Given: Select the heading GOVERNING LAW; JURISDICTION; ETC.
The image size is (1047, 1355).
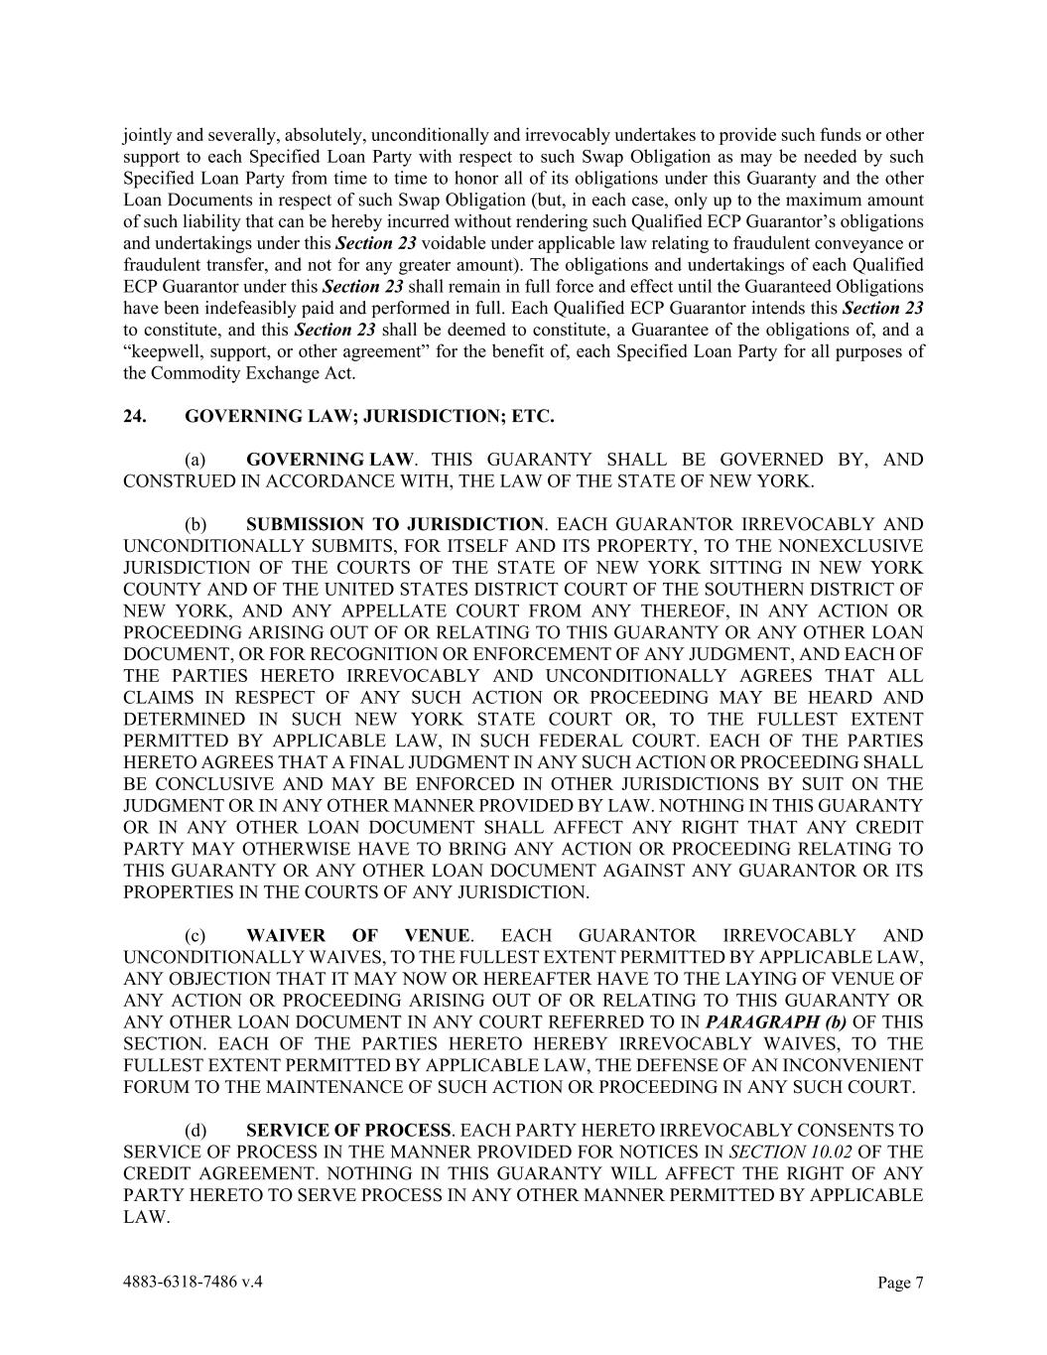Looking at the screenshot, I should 369,417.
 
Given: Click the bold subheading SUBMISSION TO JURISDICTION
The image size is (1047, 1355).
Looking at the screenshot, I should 394,524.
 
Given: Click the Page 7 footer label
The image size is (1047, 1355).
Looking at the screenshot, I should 900,1283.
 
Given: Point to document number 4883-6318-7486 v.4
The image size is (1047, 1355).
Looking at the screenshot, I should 193,1282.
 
